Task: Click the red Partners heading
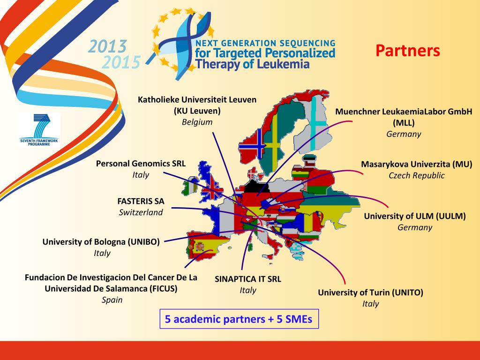pos(407,51)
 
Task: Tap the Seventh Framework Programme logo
pos(39,129)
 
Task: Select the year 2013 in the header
pos(108,46)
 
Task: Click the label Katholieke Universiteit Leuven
pos(197,99)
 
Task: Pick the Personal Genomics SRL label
pos(141,164)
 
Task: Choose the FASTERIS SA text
pos(141,201)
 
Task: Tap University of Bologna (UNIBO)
pos(101,242)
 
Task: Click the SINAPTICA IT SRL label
pos(248,279)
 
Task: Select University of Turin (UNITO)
pos(370,292)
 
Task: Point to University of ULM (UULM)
pos(415,216)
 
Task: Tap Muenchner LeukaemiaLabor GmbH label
pos(404,112)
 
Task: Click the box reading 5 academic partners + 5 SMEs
pos(239,319)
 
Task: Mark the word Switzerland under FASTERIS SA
pos(141,212)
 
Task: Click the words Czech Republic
pos(416,175)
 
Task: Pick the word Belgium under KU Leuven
pos(197,122)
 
